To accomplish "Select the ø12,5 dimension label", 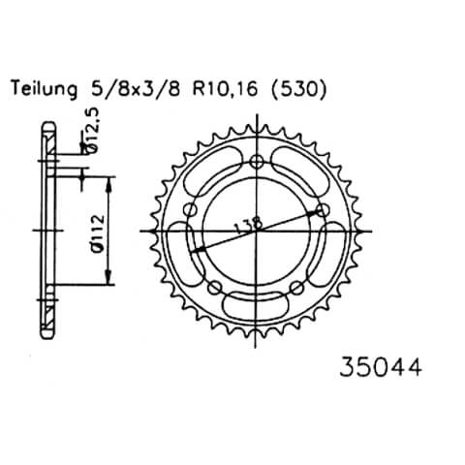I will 93,134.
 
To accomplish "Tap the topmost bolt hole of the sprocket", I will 256,161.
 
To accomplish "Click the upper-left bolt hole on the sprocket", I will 191,208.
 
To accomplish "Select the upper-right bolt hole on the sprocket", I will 321,208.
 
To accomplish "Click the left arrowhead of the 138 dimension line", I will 194,249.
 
